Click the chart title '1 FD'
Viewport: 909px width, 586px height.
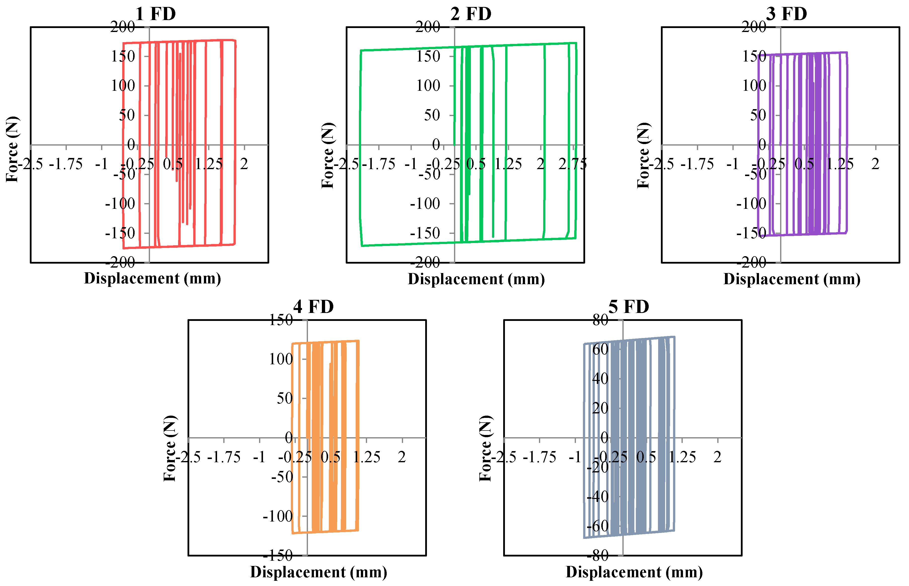tap(155, 14)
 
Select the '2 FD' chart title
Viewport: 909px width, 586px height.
tap(471, 14)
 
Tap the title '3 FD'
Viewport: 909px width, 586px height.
tap(786, 14)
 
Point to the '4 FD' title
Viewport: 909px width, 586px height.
tap(313, 307)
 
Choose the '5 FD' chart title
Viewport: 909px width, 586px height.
tap(629, 307)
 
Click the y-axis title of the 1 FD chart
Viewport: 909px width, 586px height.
tap(12, 149)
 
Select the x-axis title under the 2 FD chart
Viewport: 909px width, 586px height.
tap(476, 279)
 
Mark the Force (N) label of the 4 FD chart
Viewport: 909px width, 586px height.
tap(170, 448)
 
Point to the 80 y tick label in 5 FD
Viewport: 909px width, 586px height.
tap(601, 320)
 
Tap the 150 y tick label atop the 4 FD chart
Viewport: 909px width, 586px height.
tap(281, 320)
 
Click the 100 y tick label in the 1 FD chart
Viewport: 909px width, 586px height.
tap(123, 86)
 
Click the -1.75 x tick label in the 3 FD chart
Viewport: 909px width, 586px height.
tap(697, 164)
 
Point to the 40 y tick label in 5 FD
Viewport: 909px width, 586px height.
tap(601, 379)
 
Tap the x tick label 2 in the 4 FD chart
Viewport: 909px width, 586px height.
tap(402, 457)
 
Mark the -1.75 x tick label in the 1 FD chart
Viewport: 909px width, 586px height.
tap(66, 164)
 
